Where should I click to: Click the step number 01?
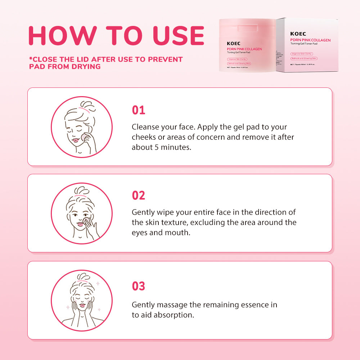point(138,110)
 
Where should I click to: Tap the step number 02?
point(138,195)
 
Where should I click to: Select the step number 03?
point(138,286)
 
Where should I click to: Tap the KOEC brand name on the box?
point(298,34)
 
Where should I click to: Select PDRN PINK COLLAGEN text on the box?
point(310,40)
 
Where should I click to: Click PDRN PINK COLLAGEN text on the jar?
point(244,49)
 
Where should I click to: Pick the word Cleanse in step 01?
point(144,127)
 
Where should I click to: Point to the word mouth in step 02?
point(176,233)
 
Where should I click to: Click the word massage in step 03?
point(174,305)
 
